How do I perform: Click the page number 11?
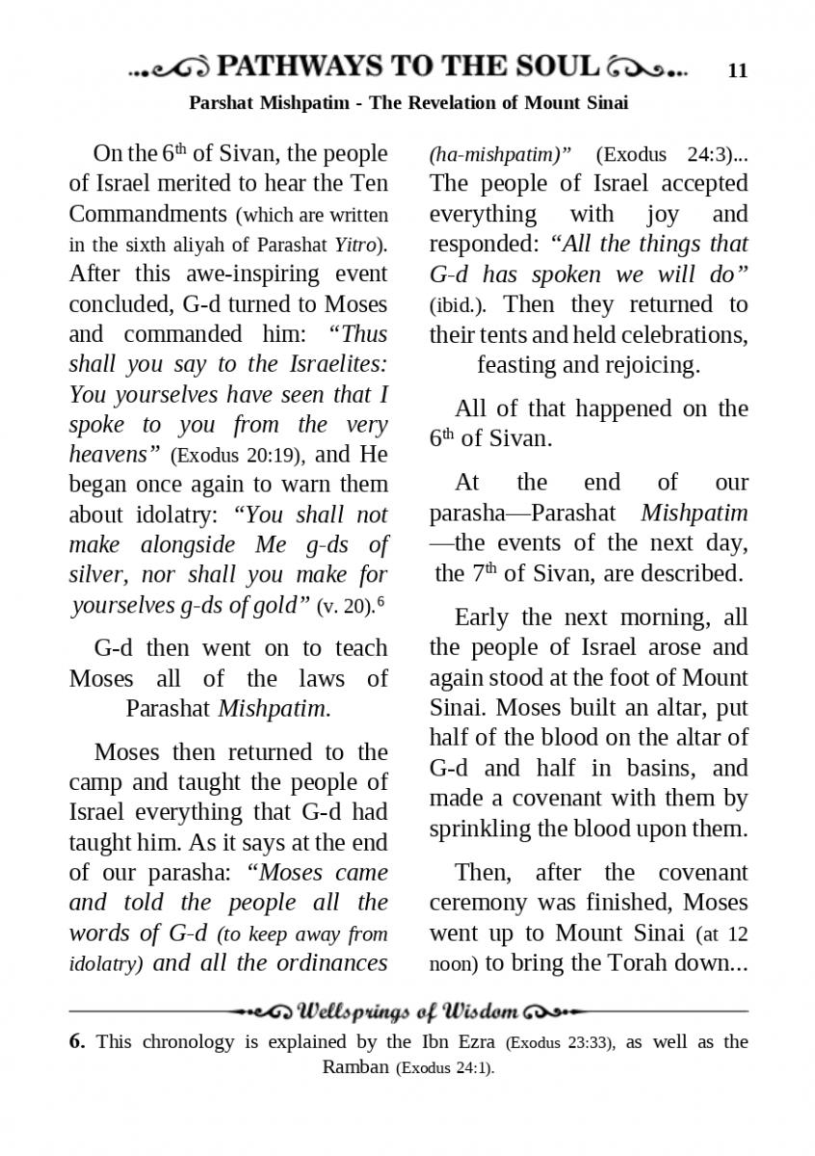coord(738,70)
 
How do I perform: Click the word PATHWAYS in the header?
coord(300,67)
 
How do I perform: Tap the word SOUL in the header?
coord(554,67)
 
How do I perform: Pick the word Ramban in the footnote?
coord(356,1067)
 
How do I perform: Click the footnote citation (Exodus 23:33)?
coord(559,1042)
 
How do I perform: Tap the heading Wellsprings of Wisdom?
coord(409,1012)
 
